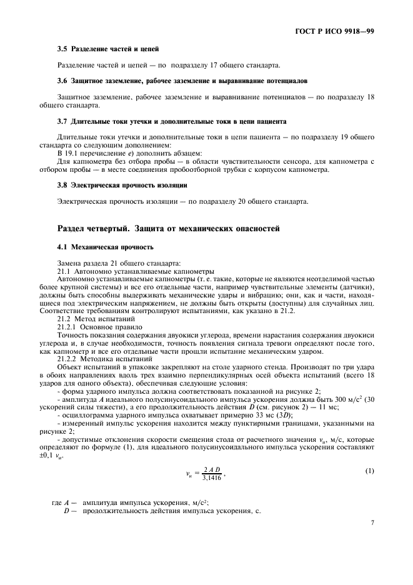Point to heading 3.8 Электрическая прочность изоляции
[122, 186]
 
